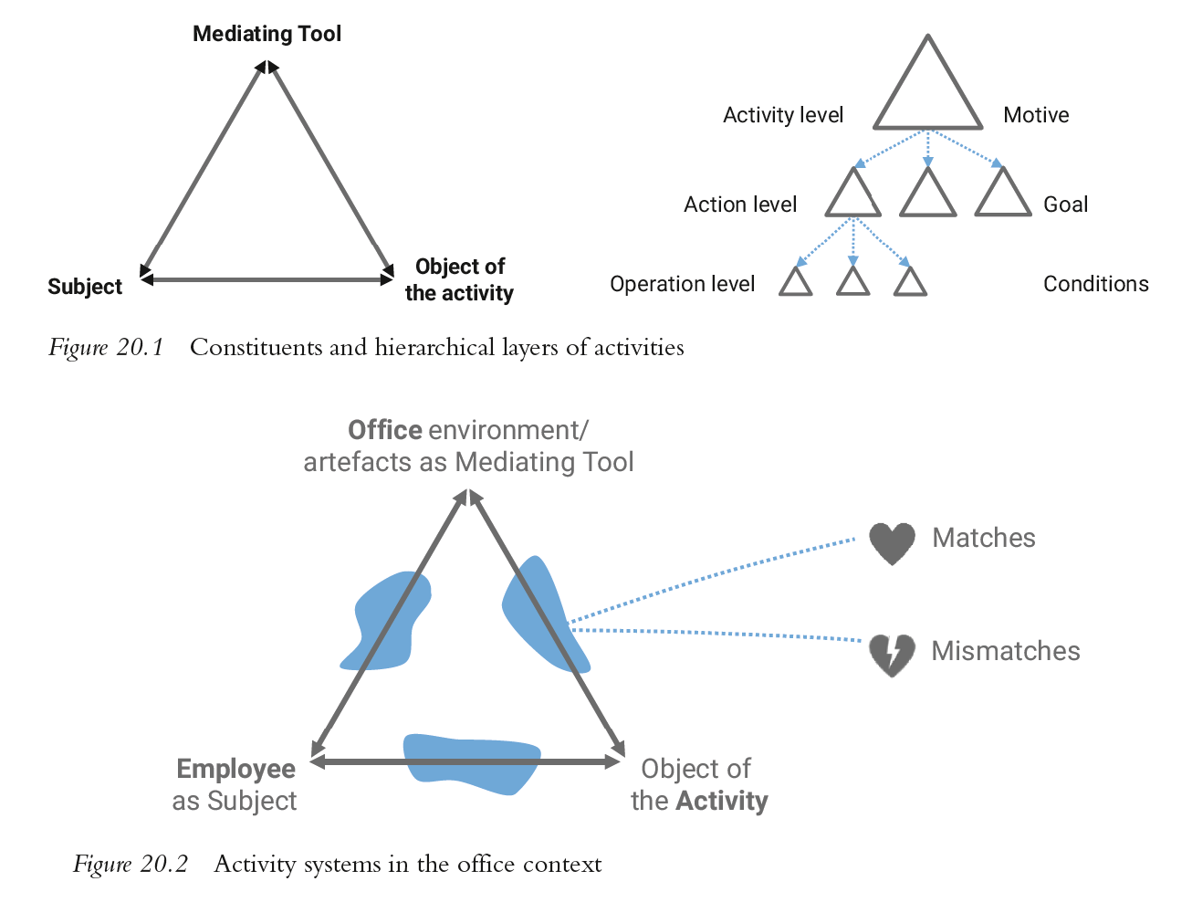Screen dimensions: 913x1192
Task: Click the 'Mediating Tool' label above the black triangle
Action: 267,34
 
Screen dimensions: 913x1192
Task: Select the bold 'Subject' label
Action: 85,287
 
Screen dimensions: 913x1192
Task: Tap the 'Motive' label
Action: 1036,115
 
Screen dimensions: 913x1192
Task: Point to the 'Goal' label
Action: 1065,205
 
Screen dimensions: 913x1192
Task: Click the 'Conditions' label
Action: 1095,284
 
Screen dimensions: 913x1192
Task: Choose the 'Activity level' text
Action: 783,115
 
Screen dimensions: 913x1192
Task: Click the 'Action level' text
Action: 740,205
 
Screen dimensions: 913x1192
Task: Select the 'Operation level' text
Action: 683,284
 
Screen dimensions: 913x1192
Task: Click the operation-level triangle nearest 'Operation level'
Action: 796,284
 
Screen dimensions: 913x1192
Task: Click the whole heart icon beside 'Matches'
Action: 892,541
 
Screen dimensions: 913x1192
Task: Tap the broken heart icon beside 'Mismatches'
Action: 892,654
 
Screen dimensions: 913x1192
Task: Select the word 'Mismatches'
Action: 1006,651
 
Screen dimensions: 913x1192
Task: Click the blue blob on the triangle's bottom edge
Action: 472,761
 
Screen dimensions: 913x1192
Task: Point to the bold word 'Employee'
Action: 235,769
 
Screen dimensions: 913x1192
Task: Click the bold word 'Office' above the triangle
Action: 384,430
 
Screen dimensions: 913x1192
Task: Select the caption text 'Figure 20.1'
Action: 106,348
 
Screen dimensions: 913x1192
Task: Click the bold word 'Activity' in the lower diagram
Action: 722,801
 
